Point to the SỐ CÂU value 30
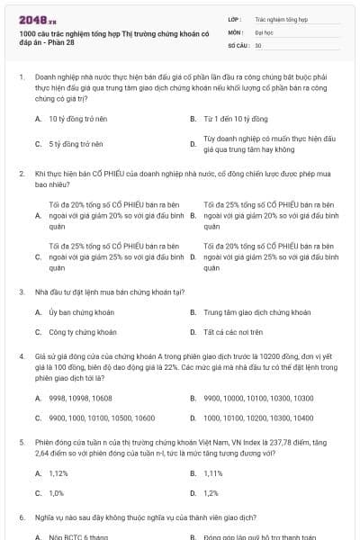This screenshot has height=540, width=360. (258, 44)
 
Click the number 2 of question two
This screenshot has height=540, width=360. (20, 171)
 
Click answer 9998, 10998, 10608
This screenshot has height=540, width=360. (80, 398)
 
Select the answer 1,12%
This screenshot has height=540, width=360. (58, 473)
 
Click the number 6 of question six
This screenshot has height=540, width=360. (20, 517)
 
